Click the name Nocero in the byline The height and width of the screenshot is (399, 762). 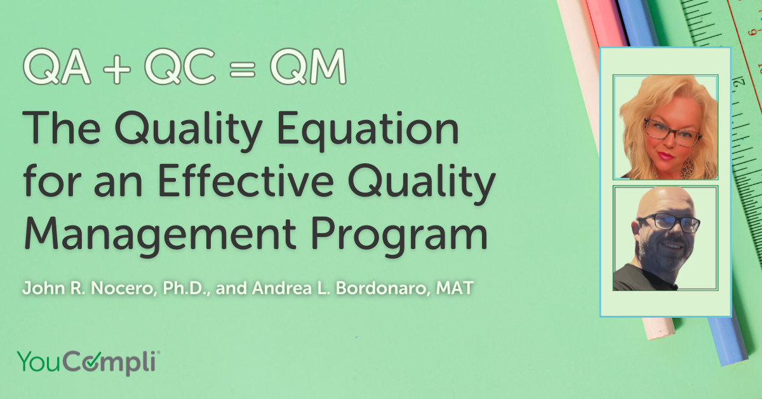click(x=97, y=288)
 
